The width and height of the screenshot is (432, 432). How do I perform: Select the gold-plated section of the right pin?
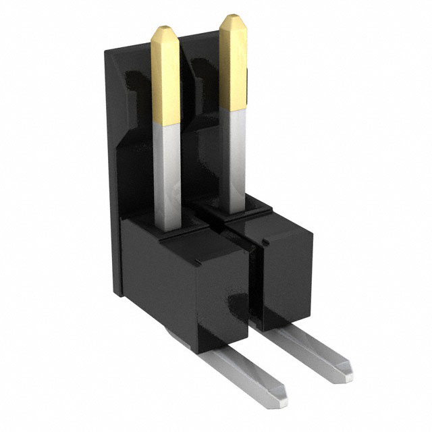232,64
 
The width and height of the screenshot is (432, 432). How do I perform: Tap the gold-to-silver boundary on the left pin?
166,124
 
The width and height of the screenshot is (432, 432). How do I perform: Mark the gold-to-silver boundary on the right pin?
233,111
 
